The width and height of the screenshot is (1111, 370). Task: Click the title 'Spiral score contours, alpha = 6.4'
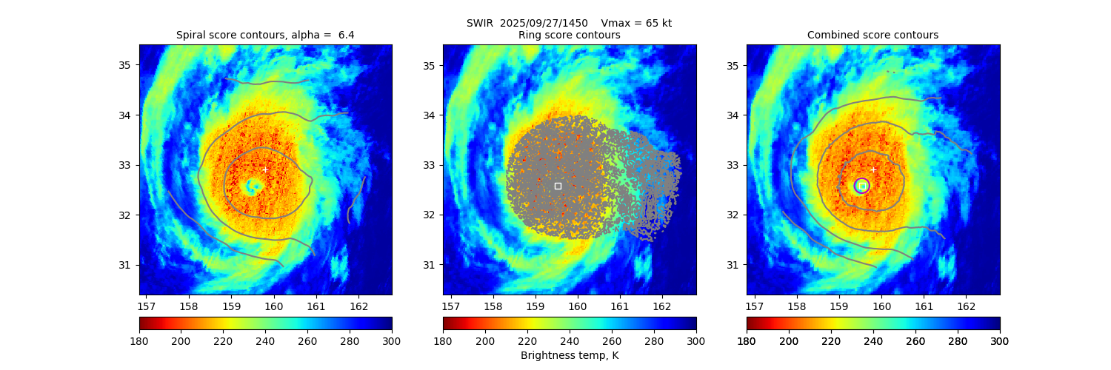coord(265,35)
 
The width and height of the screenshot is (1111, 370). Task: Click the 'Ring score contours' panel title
coord(569,35)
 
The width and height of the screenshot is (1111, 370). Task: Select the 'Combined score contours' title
coord(873,35)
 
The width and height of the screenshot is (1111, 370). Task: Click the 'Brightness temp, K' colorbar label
coord(569,355)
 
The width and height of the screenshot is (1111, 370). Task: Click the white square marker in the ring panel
coord(558,186)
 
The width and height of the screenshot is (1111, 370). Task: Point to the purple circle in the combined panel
coord(861,186)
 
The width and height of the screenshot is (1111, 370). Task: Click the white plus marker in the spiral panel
coord(265,169)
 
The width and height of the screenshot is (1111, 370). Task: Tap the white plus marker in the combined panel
coord(873,169)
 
